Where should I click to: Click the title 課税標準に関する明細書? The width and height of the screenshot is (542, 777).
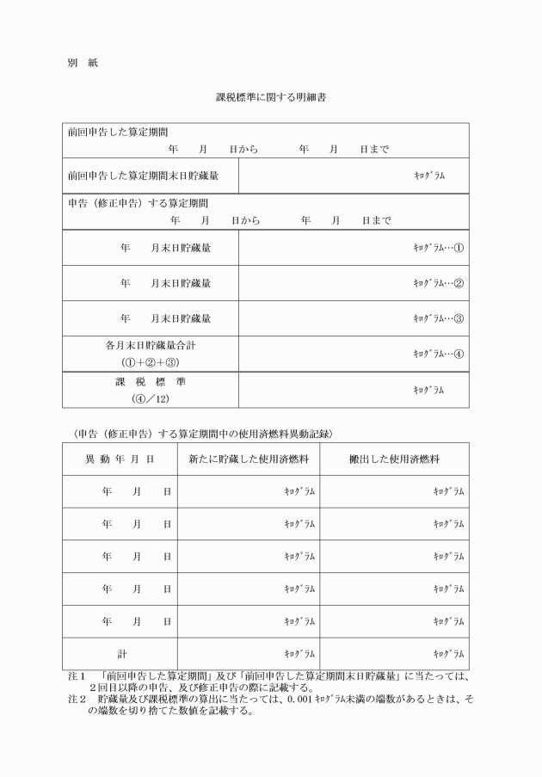[269, 98]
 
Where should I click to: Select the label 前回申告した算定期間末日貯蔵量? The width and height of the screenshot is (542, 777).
[143, 176]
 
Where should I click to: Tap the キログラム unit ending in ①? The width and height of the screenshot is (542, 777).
[439, 248]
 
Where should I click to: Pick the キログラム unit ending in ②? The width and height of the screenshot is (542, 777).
[439, 283]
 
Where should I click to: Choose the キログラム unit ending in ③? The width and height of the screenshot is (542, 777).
[439, 318]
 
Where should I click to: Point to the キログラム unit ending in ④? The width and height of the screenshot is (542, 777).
[439, 354]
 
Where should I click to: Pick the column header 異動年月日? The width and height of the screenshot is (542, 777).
[120, 459]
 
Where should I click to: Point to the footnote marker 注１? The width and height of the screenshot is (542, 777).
[77, 677]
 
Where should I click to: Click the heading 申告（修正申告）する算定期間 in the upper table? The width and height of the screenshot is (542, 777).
[138, 205]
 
